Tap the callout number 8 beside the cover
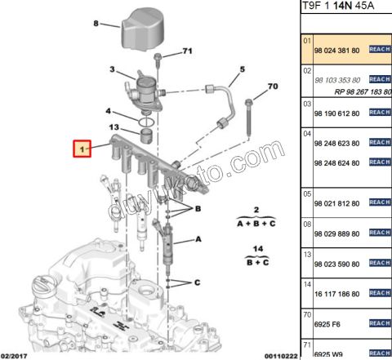coord(96,24)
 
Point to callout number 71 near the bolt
coord(186,51)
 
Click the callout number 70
coord(273,86)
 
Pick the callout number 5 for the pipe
coord(243,69)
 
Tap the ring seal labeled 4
coord(146,123)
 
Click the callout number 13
coord(115,127)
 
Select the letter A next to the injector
coord(198,241)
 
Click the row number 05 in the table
coord(307,194)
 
